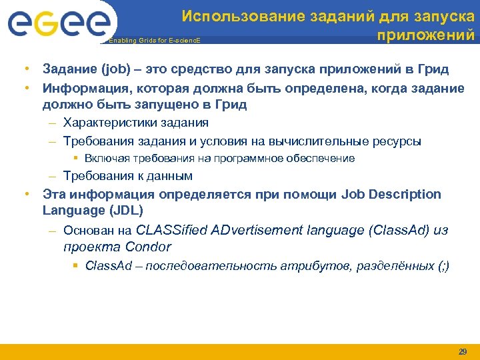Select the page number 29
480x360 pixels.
pyautogui.click(x=462, y=351)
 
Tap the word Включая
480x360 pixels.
pyautogui.click(x=105, y=159)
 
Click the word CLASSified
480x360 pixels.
pyautogui.click(x=170, y=231)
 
